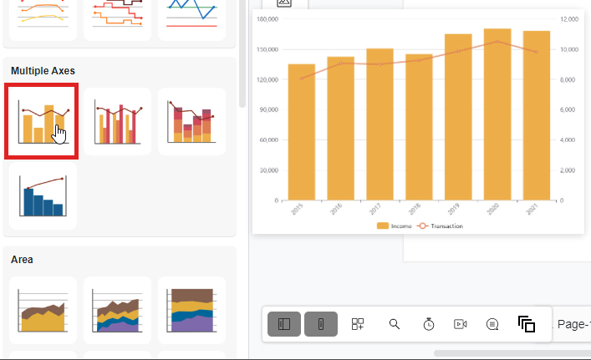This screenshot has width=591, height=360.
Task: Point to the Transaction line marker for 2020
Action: (497, 42)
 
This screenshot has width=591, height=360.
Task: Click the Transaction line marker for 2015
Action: (302, 79)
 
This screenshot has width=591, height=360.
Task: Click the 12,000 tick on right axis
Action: (568, 18)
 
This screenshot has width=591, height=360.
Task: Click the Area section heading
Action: (22, 260)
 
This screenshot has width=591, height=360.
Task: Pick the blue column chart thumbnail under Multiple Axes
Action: (43, 195)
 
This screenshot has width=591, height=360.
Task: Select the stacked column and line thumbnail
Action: (191, 121)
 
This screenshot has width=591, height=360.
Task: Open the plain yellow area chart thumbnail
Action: (43, 310)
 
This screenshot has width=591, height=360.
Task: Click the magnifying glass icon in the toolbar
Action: (395, 324)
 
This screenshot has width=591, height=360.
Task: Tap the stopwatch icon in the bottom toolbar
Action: (428, 324)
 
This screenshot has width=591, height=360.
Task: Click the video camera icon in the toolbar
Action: (460, 324)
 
